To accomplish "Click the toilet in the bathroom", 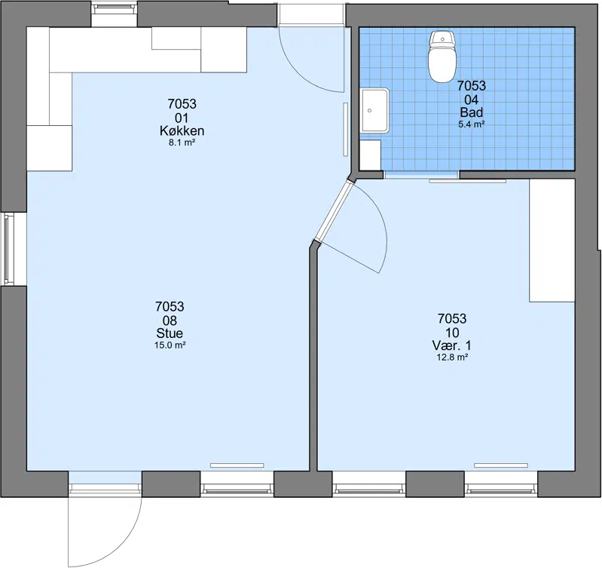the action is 442,57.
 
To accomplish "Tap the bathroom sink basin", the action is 374,111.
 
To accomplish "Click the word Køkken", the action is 182,131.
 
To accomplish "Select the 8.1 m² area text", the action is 182,143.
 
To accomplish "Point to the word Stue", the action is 170,333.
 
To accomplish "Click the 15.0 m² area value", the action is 170,345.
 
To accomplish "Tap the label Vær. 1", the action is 451,345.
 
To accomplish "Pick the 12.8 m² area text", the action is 452,358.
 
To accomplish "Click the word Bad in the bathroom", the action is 471,112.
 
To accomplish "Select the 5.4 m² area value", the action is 471,124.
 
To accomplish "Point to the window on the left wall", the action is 9,249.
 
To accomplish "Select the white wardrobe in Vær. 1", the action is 552,241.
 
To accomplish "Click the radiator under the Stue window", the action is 237,465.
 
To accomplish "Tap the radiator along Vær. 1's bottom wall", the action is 501,465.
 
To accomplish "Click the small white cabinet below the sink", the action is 370,155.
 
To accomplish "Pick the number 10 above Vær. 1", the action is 452,333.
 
